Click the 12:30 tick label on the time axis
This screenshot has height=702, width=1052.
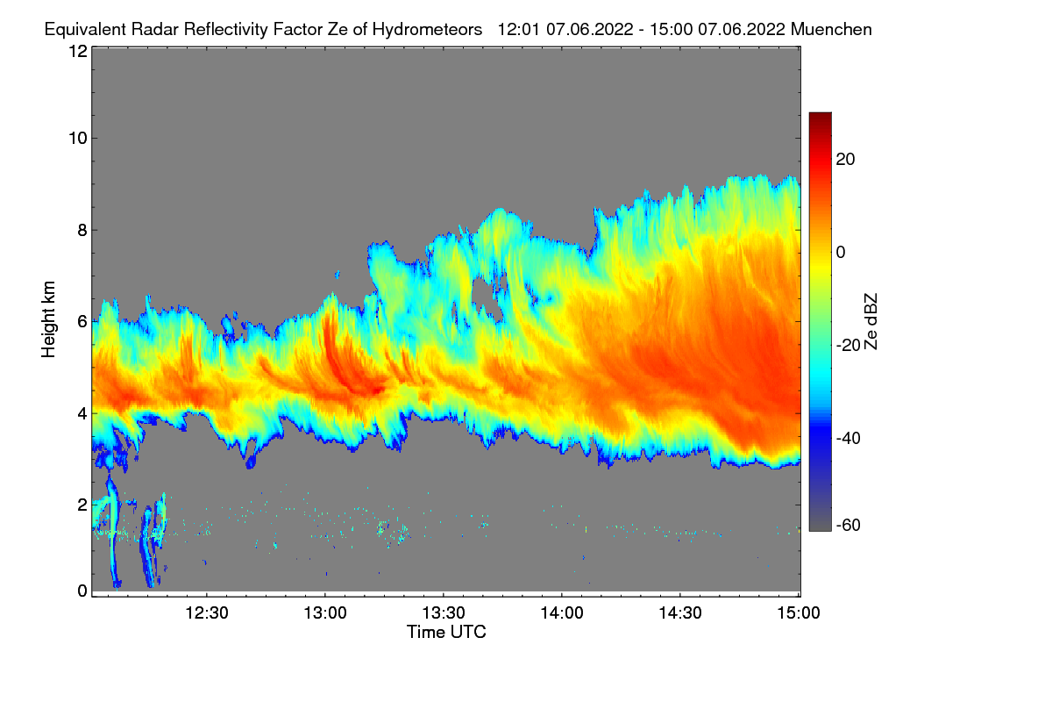207,612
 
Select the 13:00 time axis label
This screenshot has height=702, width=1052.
325,612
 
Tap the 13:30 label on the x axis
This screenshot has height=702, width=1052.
444,612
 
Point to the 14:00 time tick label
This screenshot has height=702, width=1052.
562,612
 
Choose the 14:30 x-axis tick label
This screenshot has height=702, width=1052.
680,612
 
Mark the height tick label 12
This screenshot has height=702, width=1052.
77,51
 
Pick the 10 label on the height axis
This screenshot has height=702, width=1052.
77,138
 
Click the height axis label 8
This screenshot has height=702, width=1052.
82,230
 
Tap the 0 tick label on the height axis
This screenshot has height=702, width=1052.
82,591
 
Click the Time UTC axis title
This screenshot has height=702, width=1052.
446,632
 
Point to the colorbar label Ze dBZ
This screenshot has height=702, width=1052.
871,321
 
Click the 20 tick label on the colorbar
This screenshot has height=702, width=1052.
846,159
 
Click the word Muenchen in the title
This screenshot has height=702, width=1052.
831,29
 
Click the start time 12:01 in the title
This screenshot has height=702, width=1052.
519,29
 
